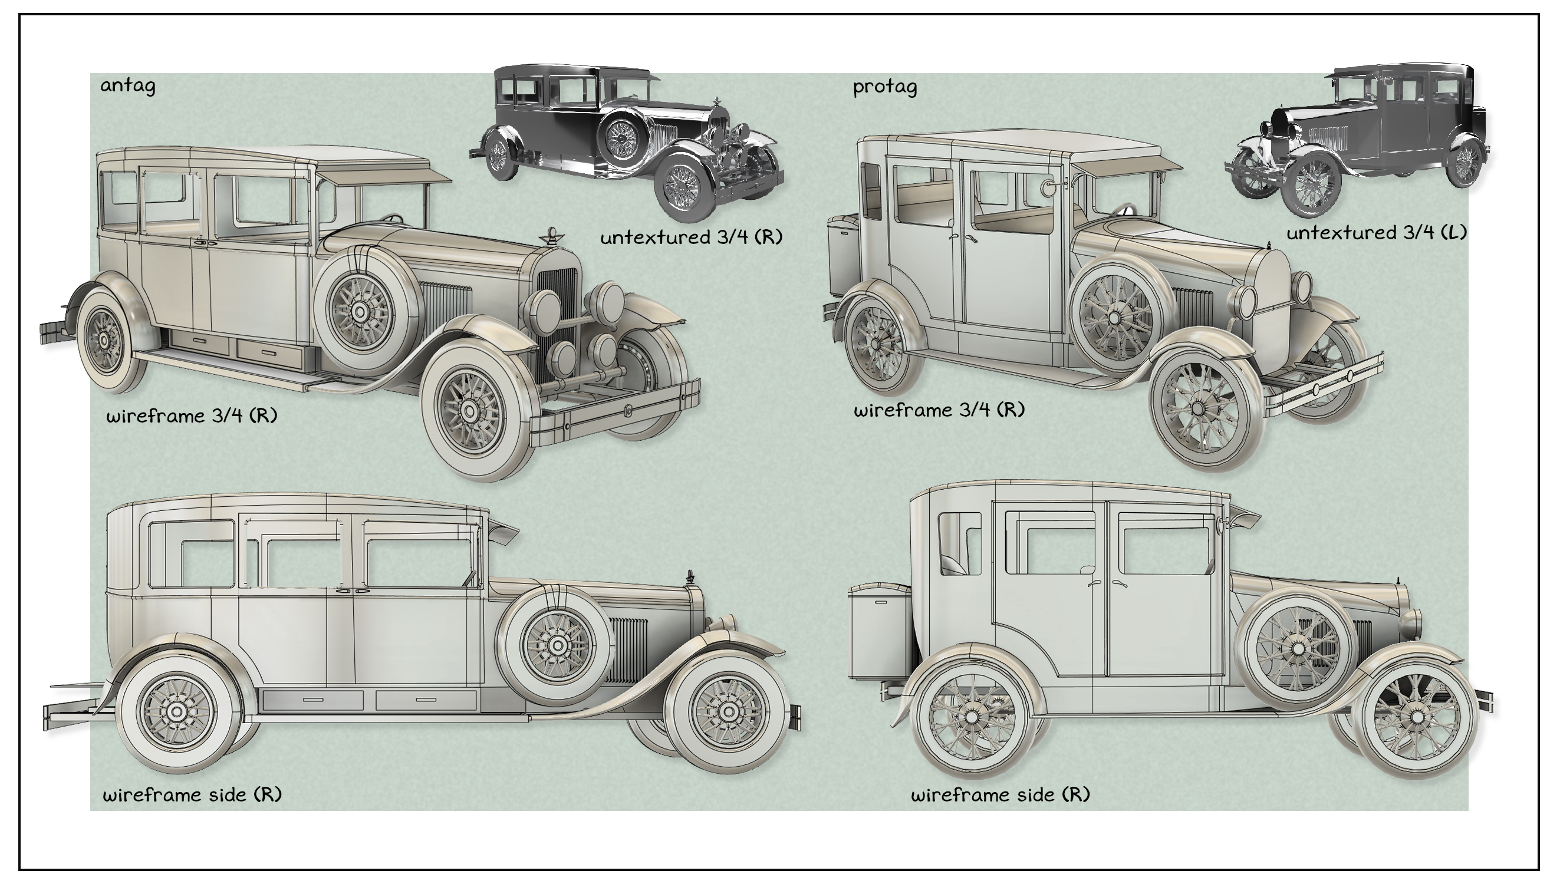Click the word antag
[127, 85]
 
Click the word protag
[885, 87]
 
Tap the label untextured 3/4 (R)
[691, 237]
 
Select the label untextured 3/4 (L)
[1376, 233]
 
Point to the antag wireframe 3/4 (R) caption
[191, 416]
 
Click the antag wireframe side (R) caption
[192, 795]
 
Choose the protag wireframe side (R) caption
[1000, 795]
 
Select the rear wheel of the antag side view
[177, 711]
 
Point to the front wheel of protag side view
[1416, 718]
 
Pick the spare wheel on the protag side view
[1297, 649]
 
